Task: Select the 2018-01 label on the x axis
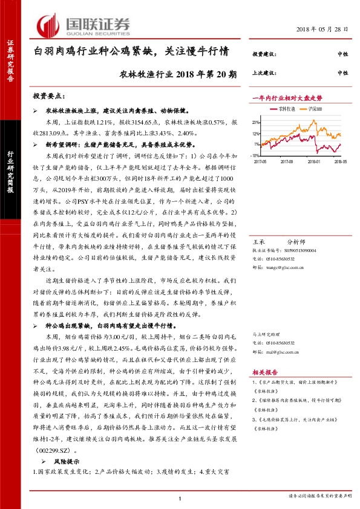(x=313, y=161)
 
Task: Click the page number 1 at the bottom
(x=180, y=498)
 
